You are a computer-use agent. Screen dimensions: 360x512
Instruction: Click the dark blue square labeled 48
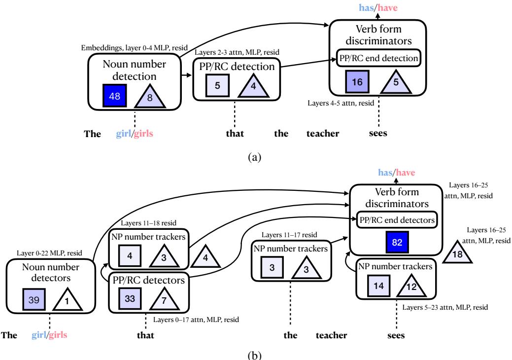pos(115,96)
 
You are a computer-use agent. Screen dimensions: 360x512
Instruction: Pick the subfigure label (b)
pos(255,353)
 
